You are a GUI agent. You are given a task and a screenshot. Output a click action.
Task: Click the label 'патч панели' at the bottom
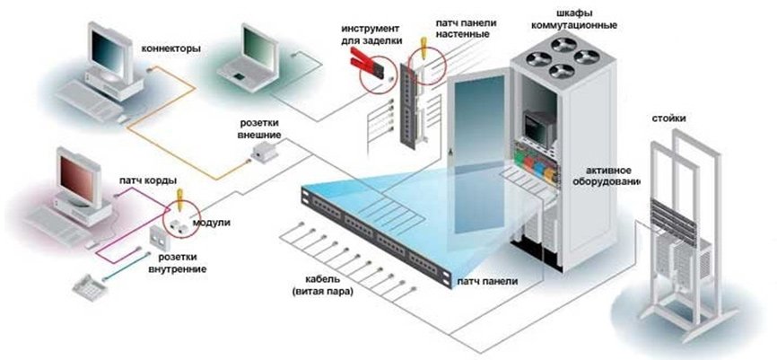pyautogui.click(x=486, y=282)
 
